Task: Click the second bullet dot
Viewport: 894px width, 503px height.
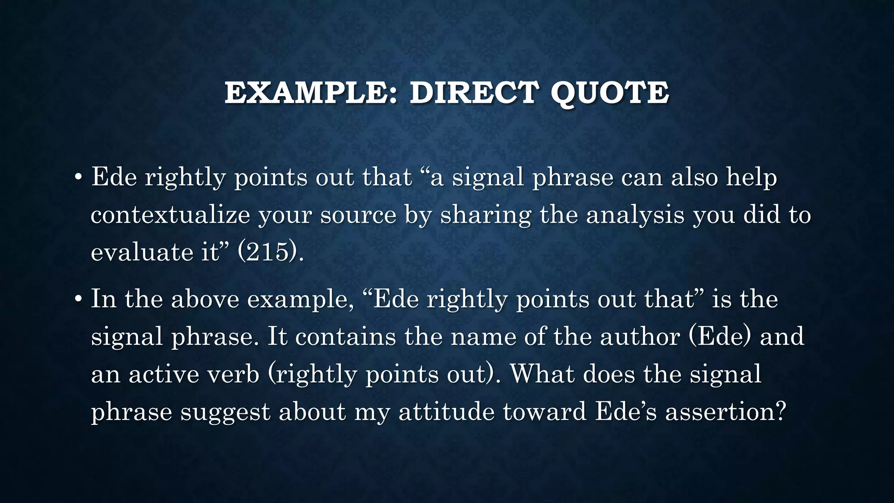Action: tap(78, 300)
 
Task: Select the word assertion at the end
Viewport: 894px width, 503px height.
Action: tap(725, 412)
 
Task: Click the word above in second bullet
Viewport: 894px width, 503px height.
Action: tap(205, 300)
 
